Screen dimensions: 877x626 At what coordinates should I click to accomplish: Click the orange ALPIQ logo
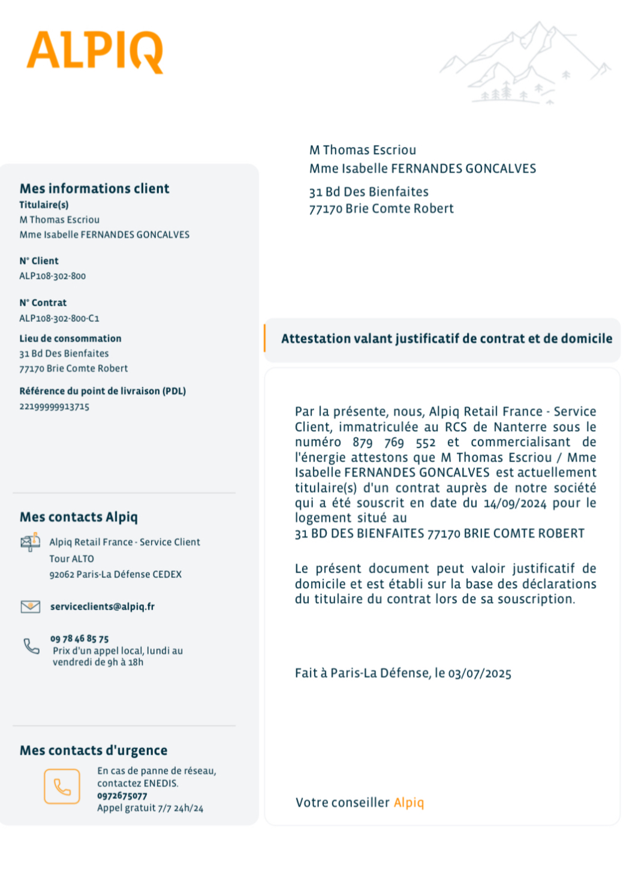pyautogui.click(x=95, y=52)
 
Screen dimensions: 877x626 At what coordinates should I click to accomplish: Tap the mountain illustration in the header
pyautogui.click(x=526, y=64)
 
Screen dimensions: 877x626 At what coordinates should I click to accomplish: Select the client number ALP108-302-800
pyautogui.click(x=53, y=276)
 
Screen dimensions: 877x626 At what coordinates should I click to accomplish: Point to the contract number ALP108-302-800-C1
pyautogui.click(x=59, y=318)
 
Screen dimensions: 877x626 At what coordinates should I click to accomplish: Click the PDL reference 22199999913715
pyautogui.click(x=55, y=407)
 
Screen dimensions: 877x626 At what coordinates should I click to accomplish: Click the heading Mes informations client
pyautogui.click(x=94, y=189)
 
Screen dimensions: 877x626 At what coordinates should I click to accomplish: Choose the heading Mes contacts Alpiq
pyautogui.click(x=79, y=517)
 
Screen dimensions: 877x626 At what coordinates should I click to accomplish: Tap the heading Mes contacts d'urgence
pyautogui.click(x=94, y=751)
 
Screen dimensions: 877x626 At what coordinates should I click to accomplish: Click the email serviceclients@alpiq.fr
pyautogui.click(x=103, y=607)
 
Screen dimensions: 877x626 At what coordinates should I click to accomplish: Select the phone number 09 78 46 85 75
pyautogui.click(x=80, y=639)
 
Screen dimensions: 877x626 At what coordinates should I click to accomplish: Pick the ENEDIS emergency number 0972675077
pyautogui.click(x=122, y=796)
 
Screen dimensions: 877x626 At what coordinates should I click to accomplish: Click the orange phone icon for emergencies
pyautogui.click(x=62, y=786)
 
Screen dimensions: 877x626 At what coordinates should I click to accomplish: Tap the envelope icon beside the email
pyautogui.click(x=31, y=607)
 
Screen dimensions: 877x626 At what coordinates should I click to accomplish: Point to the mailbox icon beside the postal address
pyautogui.click(x=30, y=543)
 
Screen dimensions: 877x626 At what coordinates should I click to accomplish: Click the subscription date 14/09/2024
pyautogui.click(x=515, y=504)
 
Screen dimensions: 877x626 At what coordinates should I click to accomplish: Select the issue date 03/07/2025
pyautogui.click(x=480, y=674)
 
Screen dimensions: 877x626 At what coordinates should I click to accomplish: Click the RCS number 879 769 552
pyautogui.click(x=394, y=442)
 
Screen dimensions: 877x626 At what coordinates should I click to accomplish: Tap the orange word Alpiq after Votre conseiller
pyautogui.click(x=409, y=803)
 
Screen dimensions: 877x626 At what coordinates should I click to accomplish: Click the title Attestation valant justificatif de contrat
pyautogui.click(x=447, y=339)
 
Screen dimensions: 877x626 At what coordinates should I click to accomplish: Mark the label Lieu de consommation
pyautogui.click(x=70, y=339)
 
